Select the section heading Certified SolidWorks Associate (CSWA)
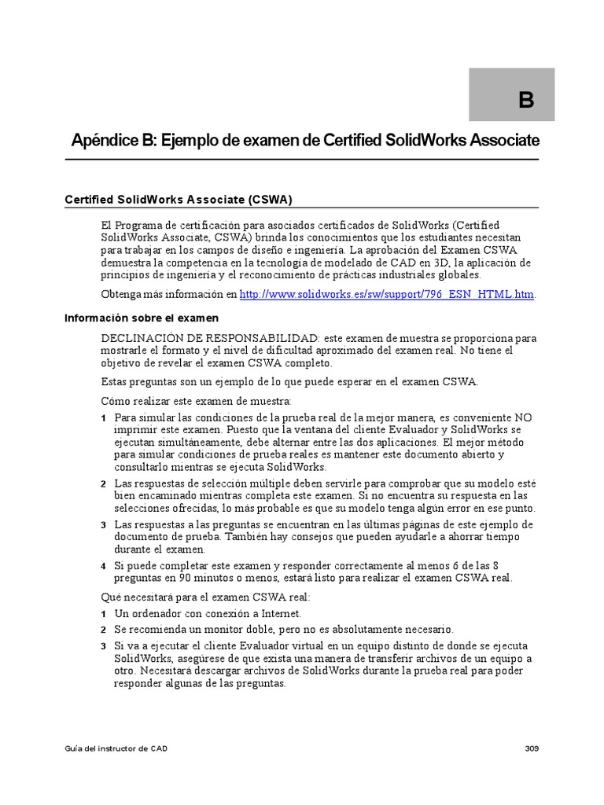pyautogui.click(x=179, y=200)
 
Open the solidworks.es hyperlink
pyautogui.click(x=386, y=294)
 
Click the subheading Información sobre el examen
pyautogui.click(x=142, y=318)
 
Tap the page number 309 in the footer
pyautogui.click(x=532, y=748)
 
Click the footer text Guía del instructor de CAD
pyautogui.click(x=116, y=748)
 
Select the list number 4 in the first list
pyautogui.click(x=104, y=566)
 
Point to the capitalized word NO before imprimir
pyautogui.click(x=523, y=417)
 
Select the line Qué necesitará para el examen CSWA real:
pyautogui.click(x=206, y=597)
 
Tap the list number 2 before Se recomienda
pyautogui.click(x=104, y=630)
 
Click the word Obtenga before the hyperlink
pyautogui.click(x=123, y=294)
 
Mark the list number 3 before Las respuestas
pyautogui.click(x=104, y=524)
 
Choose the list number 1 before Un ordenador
pyautogui.click(x=104, y=613)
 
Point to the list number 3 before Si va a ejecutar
pyautogui.click(x=104, y=646)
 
